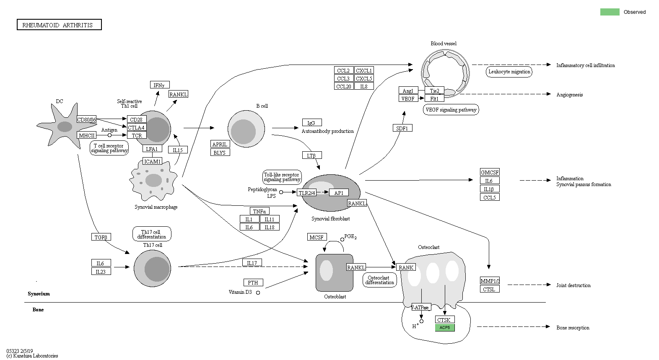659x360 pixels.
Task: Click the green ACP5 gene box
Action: click(445, 328)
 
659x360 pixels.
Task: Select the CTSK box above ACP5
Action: click(444, 320)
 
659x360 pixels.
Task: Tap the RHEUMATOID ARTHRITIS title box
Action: click(59, 25)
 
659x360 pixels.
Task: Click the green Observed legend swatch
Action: click(610, 12)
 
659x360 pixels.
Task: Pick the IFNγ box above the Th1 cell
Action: click(159, 85)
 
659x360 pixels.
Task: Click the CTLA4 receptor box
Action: click(136, 127)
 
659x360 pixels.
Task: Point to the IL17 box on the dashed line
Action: click(252, 263)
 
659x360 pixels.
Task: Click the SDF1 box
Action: click(402, 128)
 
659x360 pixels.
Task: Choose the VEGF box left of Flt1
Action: click(408, 98)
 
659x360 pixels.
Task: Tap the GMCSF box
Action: click(490, 172)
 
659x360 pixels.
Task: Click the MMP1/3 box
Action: click(490, 281)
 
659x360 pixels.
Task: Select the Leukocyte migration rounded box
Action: click(509, 72)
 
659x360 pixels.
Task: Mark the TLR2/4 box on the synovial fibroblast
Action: click(306, 193)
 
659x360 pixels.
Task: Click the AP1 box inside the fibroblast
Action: click(339, 193)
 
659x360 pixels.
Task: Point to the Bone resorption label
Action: click(573, 328)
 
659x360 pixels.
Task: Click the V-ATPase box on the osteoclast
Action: click(420, 307)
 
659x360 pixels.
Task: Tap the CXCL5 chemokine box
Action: click(363, 78)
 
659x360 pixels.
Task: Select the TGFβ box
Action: click(101, 237)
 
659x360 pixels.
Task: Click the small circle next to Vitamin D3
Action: click(258, 293)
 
